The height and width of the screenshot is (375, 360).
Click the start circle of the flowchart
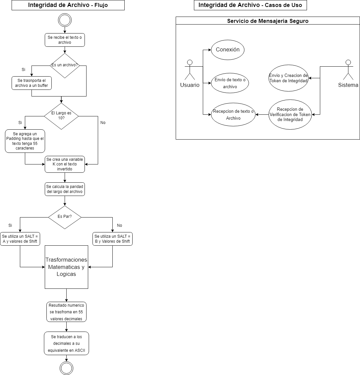(x=65, y=20)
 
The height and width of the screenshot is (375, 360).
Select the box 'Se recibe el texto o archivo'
(x=65, y=40)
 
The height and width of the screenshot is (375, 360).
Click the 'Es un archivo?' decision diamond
(x=65, y=65)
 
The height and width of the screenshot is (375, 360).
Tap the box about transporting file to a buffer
(x=32, y=83)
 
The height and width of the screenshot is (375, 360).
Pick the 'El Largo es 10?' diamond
(x=61, y=116)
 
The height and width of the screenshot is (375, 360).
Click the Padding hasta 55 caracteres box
(x=25, y=141)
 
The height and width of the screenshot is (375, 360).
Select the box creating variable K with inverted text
(x=65, y=164)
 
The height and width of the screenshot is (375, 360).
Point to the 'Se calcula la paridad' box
(x=65, y=189)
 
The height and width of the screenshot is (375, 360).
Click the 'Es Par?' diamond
(x=65, y=217)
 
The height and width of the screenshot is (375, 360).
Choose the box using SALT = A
(x=20, y=239)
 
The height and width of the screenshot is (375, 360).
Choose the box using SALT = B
(x=112, y=239)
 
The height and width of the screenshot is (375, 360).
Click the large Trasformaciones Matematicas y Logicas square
(x=66, y=267)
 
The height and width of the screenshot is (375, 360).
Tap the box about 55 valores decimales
(x=66, y=312)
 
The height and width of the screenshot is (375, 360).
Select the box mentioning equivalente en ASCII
(x=66, y=343)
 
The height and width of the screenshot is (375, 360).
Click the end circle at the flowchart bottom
(x=66, y=368)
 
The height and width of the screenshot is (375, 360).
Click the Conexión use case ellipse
(x=227, y=50)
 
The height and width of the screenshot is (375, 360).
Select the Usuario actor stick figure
(x=190, y=71)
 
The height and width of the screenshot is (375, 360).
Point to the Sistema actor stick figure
(x=348, y=71)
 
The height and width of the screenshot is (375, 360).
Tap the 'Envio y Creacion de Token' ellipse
(x=288, y=78)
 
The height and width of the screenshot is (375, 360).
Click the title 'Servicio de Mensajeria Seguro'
(x=268, y=21)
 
